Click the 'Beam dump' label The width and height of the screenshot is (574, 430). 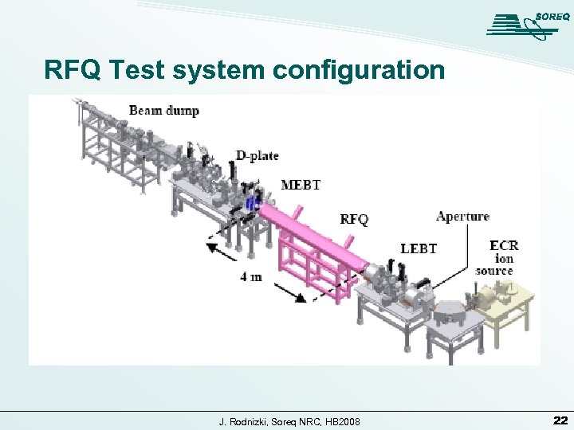coord(163,110)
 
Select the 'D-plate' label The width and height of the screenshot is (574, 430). coord(257,155)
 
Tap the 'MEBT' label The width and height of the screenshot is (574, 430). coord(301,185)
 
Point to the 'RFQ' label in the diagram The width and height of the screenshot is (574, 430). coord(355,218)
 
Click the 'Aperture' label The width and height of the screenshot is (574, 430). coord(462,216)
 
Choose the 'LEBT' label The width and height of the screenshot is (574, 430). coord(419,248)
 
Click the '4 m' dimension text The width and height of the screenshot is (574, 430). coord(250,276)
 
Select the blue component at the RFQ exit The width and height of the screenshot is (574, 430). coord(253,205)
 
